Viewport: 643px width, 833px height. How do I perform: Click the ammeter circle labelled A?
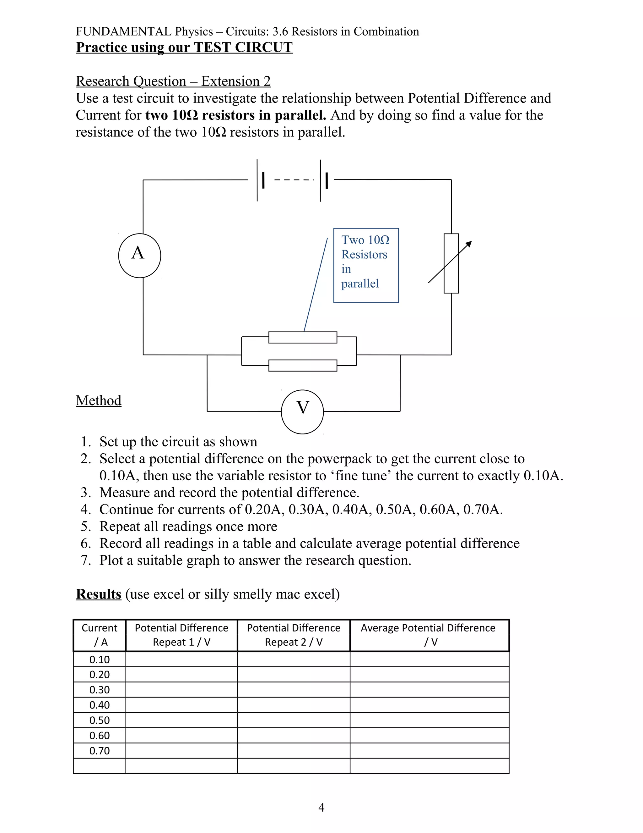click(139, 256)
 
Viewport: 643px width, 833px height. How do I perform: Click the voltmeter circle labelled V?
click(302, 411)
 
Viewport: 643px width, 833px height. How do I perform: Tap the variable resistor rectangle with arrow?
click(451, 263)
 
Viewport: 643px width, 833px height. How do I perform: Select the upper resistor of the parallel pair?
click(303, 338)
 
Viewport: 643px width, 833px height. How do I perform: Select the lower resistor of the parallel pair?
click(303, 365)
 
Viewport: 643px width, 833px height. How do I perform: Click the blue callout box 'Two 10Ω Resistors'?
click(366, 266)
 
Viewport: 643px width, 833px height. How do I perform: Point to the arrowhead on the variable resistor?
click(469, 244)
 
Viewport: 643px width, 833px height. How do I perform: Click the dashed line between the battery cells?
click(294, 179)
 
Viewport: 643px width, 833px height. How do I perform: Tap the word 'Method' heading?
click(99, 400)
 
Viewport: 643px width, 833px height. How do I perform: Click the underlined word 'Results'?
click(99, 594)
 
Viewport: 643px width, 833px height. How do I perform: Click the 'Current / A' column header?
click(100, 635)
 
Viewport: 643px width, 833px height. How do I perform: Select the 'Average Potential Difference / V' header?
click(429, 635)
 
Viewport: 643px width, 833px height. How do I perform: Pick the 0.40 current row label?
click(100, 705)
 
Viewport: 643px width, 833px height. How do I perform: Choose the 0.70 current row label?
click(100, 751)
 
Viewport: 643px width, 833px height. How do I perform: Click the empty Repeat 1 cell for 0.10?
click(181, 659)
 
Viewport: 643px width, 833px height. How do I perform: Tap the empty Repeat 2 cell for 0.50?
click(293, 720)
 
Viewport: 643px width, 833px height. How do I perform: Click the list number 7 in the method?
click(85, 560)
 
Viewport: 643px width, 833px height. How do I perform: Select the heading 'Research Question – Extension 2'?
click(173, 81)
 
